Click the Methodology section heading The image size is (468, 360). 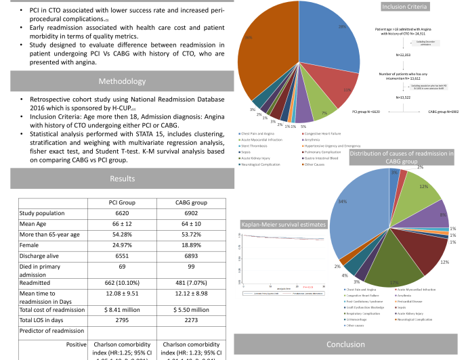coord(118,81)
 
